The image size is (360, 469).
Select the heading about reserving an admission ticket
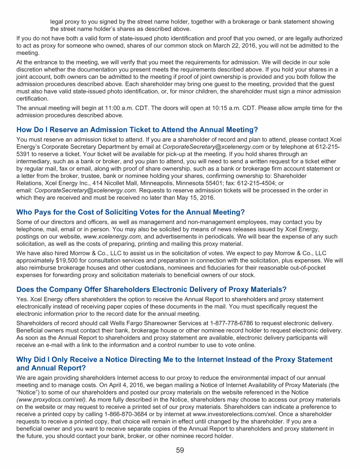click(x=137, y=129)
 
